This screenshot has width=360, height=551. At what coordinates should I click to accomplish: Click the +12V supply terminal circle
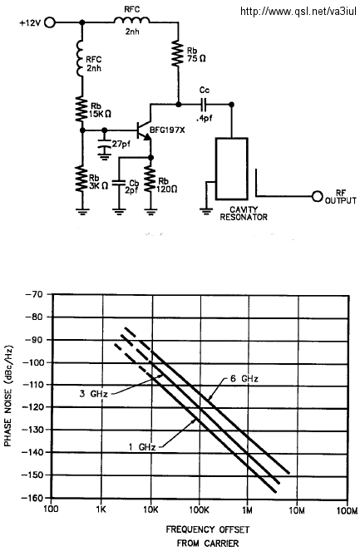click(50, 22)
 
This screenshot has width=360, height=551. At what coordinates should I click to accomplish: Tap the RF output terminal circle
click(317, 196)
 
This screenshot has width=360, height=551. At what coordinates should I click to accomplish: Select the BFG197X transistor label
click(167, 130)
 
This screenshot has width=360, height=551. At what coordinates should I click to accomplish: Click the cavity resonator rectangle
click(232, 169)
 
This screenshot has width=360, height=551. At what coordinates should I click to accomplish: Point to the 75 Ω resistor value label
click(196, 59)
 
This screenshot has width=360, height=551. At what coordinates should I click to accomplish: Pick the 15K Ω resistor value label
click(101, 114)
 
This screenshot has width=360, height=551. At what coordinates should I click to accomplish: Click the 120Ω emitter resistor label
click(167, 189)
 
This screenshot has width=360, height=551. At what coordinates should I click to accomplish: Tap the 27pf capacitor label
click(121, 144)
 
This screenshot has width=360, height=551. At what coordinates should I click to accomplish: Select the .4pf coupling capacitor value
click(205, 118)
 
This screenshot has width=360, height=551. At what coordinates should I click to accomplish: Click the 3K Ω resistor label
click(98, 186)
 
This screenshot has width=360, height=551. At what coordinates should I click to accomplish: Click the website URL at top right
click(298, 12)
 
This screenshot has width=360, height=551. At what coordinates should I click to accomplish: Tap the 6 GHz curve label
click(244, 378)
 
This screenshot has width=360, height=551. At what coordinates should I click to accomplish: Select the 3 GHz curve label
click(93, 394)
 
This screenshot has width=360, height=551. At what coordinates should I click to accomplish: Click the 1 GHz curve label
click(142, 447)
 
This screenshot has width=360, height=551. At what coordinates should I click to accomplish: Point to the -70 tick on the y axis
click(34, 294)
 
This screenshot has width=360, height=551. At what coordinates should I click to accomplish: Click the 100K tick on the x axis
click(199, 510)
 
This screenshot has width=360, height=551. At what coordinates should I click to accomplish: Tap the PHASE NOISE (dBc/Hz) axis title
click(8, 396)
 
